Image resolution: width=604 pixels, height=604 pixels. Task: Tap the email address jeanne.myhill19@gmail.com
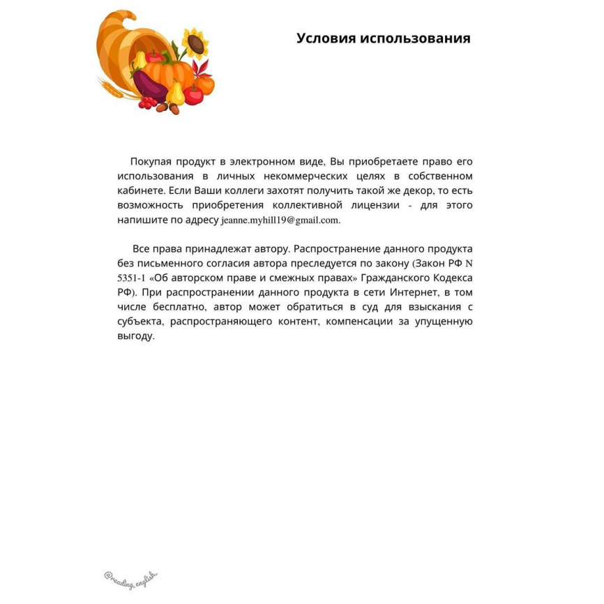click(x=280, y=220)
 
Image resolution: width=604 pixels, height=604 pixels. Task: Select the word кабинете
click(x=142, y=190)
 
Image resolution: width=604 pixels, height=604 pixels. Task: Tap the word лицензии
click(x=375, y=205)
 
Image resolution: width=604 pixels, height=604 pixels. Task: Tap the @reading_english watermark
click(x=131, y=576)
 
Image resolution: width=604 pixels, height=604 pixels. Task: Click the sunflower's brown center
click(x=196, y=45)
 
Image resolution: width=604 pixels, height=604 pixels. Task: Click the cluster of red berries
click(x=147, y=103)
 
